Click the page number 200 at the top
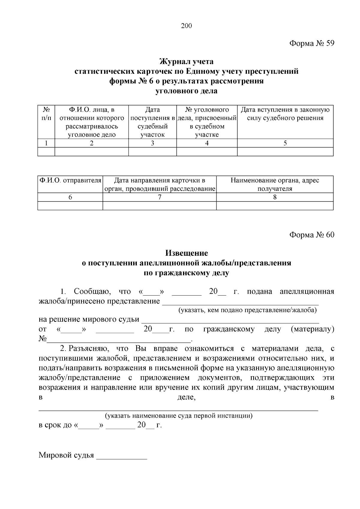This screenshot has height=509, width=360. click(x=186, y=26)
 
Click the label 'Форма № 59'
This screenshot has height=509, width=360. click(x=311, y=44)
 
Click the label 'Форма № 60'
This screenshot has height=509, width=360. click(x=311, y=235)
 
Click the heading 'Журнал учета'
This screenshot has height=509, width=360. click(x=186, y=62)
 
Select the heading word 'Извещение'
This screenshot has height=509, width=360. click(x=186, y=253)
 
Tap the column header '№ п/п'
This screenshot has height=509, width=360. click(x=46, y=114)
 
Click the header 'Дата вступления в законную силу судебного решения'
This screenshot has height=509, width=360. click(x=285, y=114)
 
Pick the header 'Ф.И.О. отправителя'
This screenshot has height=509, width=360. click(x=70, y=180)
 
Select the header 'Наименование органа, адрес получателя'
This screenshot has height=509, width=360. click(x=274, y=184)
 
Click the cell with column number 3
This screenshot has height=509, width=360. click(x=152, y=143)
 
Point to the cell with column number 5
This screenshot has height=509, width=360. click(x=285, y=143)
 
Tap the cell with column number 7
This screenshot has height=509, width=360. click(x=159, y=197)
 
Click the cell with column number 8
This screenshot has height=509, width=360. click(x=274, y=197)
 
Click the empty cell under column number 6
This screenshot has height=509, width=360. click(x=70, y=206)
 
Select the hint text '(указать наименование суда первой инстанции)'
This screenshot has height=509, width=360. click(x=178, y=416)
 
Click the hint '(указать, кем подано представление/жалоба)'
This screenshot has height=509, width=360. click(x=247, y=310)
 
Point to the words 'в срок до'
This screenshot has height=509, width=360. click(x=55, y=425)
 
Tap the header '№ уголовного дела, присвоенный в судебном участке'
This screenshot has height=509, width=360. click(x=207, y=122)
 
